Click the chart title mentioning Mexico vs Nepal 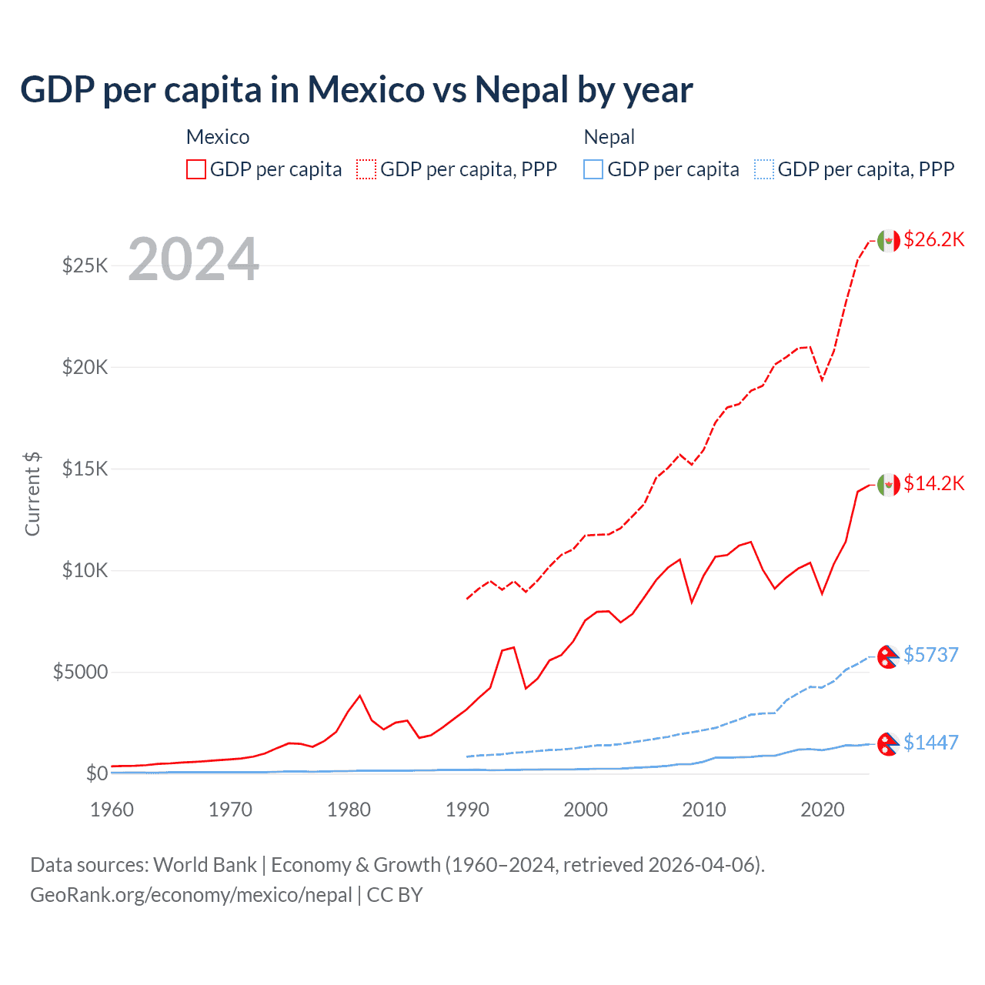pos(356,90)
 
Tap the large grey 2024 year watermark pos(193,259)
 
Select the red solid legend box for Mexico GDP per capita pos(196,169)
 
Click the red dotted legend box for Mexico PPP pos(366,169)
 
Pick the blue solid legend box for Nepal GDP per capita pos(593,169)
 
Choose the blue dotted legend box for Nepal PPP pos(764,169)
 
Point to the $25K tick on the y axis pos(85,266)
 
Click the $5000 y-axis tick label pos(80,673)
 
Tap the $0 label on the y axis pos(96,774)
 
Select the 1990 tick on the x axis pos(467,810)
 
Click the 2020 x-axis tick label pos(822,810)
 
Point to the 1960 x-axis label pos(112,810)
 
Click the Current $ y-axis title pos(32,494)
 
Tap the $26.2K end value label pos(933,240)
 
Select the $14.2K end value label pos(933,484)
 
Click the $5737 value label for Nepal pos(930,655)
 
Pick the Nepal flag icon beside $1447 pos(888,743)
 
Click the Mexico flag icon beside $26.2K pos(889,241)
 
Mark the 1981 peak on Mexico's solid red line pos(359,696)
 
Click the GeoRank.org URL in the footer pos(191,895)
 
